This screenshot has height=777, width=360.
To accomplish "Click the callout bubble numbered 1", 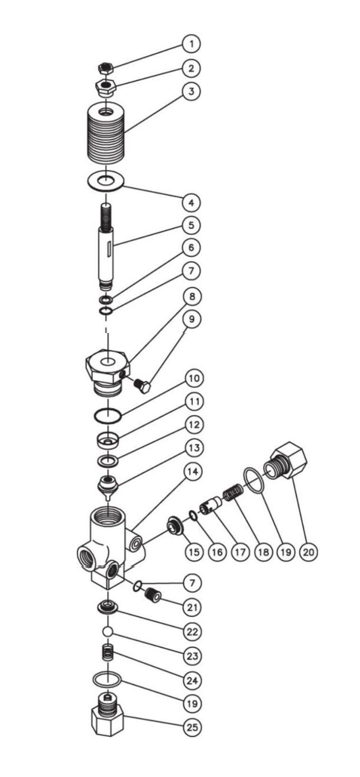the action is tap(191, 44).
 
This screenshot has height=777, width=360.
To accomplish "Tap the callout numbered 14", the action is tap(193, 472).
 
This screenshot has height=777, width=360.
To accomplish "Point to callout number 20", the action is tap(308, 552).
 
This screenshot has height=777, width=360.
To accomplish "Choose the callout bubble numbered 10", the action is tap(194, 378).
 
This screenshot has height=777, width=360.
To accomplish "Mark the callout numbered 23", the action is tap(192, 656).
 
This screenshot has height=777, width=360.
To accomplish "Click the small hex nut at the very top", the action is tap(106, 68).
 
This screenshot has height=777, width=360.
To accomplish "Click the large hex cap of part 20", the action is tap(288, 460).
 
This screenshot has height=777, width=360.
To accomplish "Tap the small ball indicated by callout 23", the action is tap(108, 631).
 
